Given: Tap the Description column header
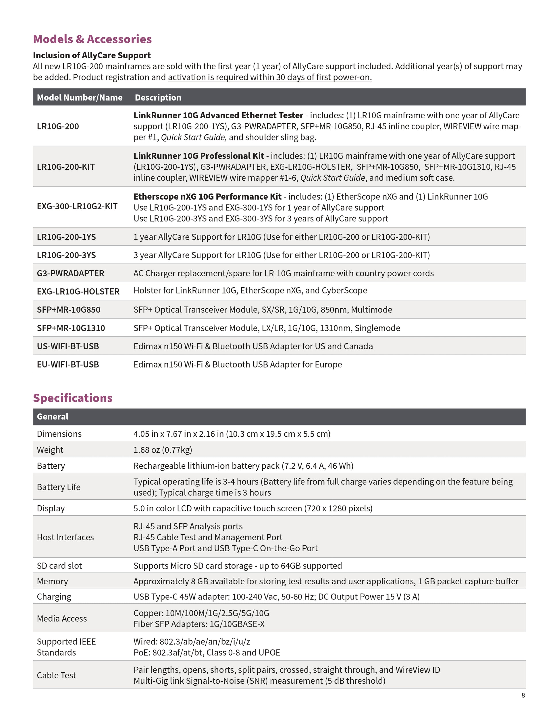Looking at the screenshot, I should [x=158, y=98].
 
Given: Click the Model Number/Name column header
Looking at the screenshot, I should [x=80, y=98].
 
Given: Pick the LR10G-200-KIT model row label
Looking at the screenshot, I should [x=65, y=167].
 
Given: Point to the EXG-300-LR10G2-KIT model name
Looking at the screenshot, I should [x=77, y=206].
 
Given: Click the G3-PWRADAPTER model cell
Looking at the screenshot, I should [x=70, y=273].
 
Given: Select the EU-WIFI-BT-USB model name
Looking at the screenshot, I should [x=68, y=364].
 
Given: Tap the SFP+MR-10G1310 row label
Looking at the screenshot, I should [x=71, y=328].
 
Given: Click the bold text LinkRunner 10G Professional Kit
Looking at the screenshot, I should [x=199, y=156].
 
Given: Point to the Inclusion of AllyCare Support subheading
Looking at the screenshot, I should [x=92, y=55].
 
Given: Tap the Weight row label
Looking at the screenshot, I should [x=50, y=450].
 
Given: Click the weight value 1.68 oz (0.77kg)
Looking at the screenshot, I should [x=163, y=450].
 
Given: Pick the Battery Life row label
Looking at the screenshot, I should [x=59, y=487].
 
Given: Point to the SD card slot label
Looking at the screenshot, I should [x=59, y=566].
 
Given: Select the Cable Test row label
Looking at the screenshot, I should [x=56, y=675].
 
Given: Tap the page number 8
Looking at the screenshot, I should [x=523, y=695].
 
